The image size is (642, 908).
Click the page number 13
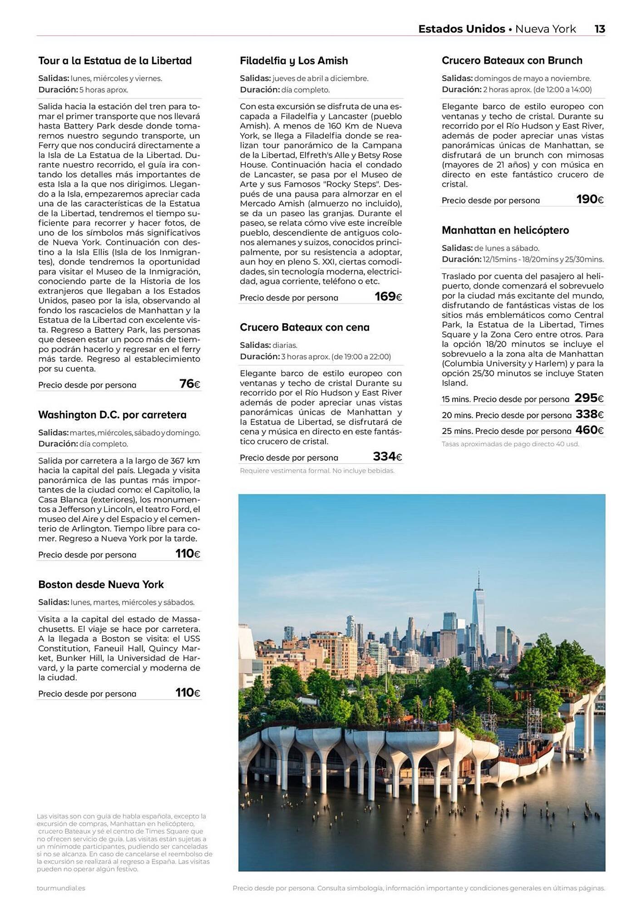pos(599,29)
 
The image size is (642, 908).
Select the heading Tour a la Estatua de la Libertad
pos(115,61)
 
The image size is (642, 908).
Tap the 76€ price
pos(190,384)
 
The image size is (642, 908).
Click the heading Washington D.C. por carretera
pos(112,415)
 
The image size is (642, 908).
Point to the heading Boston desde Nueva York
pos(101,585)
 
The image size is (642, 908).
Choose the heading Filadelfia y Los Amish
pos(294,61)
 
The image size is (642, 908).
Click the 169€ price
pos(388,297)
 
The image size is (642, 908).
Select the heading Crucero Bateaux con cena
pos(305,327)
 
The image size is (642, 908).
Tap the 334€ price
pos(387,457)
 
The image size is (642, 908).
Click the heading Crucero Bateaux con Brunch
pos(512,60)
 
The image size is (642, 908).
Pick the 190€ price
pos(590,199)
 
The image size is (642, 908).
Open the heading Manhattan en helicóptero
pos(505,230)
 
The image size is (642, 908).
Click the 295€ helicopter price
pos(589,398)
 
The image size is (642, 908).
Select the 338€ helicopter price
pos(589,415)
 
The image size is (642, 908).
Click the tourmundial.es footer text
pos(61,888)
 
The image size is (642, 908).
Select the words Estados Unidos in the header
pos(461,29)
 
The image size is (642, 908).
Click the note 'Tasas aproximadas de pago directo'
pos(510,444)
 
